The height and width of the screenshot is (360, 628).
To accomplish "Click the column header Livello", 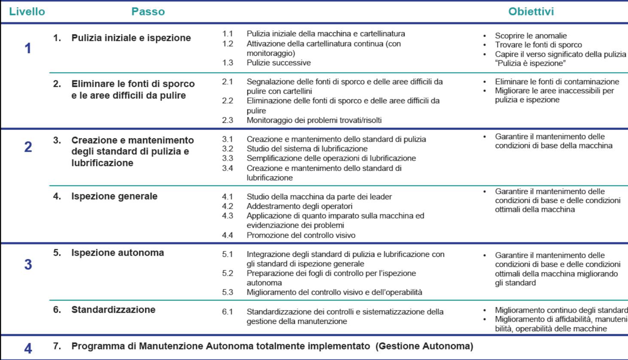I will click(27, 12).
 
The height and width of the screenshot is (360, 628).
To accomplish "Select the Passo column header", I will click(148, 12).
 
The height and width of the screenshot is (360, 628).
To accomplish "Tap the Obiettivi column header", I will click(531, 12).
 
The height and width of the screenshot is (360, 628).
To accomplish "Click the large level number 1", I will click(27, 49).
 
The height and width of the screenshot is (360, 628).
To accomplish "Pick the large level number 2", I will click(28, 147).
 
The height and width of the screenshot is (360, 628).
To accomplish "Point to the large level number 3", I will click(28, 264).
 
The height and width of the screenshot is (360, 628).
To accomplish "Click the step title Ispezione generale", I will click(114, 196).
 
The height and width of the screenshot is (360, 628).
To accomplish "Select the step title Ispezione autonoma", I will click(117, 253).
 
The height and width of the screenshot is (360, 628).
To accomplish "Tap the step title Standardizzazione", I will click(113, 310).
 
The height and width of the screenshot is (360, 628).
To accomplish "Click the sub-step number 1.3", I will click(228, 63).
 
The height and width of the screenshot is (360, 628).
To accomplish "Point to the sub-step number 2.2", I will click(228, 101).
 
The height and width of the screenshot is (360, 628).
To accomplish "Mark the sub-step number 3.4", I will click(228, 168).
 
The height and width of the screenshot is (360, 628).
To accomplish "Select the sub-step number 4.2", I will click(228, 206).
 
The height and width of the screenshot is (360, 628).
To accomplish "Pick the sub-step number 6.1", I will click(228, 312).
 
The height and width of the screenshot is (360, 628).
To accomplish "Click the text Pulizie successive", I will click(279, 63).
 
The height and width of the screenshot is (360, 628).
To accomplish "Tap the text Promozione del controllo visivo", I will click(301, 235).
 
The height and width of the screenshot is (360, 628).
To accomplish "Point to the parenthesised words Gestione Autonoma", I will click(424, 346).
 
